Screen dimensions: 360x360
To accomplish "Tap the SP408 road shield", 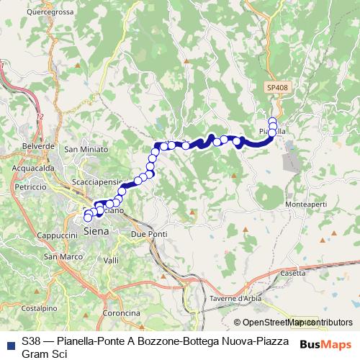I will pos(274,86).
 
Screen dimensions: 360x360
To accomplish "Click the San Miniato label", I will pos(81,149).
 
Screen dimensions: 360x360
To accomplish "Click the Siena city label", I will pos(96,232).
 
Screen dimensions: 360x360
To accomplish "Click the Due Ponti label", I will pos(149,235).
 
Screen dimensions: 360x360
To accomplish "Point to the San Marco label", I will pos(60,256).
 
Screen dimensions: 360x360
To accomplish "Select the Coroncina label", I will pos(120,313).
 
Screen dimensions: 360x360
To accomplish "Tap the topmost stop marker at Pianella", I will pos(272,121).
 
